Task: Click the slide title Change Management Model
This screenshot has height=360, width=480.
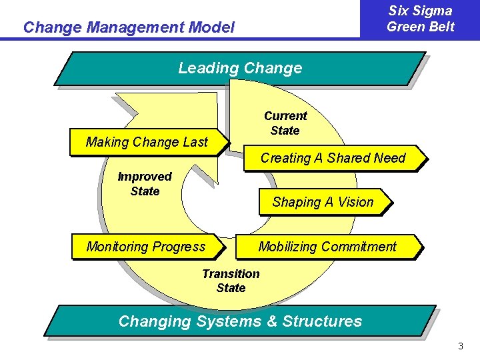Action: [129, 27]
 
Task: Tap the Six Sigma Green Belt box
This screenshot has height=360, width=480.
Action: [420, 19]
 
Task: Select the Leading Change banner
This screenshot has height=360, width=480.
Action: [240, 68]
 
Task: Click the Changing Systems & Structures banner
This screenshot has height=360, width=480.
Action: [240, 321]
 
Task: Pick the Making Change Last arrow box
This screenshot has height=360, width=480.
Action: [147, 142]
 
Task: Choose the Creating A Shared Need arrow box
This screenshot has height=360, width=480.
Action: [333, 158]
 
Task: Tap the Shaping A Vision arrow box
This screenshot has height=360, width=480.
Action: [323, 202]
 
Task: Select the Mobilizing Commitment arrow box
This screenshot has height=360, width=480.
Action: [327, 247]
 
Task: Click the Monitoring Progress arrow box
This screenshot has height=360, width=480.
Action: [147, 247]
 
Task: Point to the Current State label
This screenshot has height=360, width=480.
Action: [285, 123]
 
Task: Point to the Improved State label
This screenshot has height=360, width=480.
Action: [145, 184]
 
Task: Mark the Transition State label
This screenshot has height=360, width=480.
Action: [231, 281]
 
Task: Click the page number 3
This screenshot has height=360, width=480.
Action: [460, 346]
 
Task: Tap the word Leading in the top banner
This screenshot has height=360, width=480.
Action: [209, 68]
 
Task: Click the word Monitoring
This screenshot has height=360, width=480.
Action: [117, 247]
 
